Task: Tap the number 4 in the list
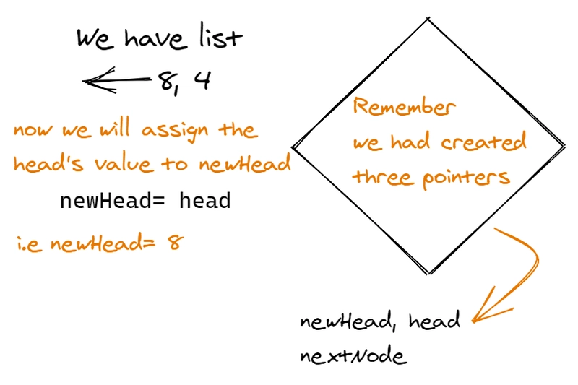(x=202, y=81)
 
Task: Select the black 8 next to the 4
(x=168, y=82)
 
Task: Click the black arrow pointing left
(x=116, y=81)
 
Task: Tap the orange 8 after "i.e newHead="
(x=173, y=242)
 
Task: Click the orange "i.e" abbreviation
(x=27, y=243)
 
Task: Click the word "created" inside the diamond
(x=483, y=142)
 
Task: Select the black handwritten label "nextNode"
(x=353, y=357)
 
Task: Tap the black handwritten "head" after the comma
(x=433, y=321)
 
